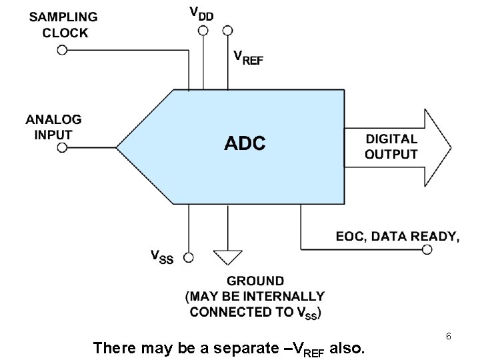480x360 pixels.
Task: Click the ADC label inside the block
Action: coord(245,143)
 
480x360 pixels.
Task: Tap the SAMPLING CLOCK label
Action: coord(63,25)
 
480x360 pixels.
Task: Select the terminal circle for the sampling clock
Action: coord(62,50)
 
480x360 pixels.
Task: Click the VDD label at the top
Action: coord(203,13)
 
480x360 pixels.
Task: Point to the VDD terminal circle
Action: coord(202,30)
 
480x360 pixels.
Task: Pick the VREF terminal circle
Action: coord(227,30)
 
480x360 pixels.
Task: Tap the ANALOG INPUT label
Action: coord(54,127)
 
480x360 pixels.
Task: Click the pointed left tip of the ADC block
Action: coord(117,147)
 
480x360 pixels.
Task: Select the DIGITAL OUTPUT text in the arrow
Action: coord(391,147)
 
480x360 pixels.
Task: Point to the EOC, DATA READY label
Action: coord(397,235)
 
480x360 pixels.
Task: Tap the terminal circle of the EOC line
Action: coord(427,249)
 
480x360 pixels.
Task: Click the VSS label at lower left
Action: coord(162,256)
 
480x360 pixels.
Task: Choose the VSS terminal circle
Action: coord(189,257)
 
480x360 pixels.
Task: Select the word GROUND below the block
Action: coord(255,281)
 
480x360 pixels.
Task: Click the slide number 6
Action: coord(449,337)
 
